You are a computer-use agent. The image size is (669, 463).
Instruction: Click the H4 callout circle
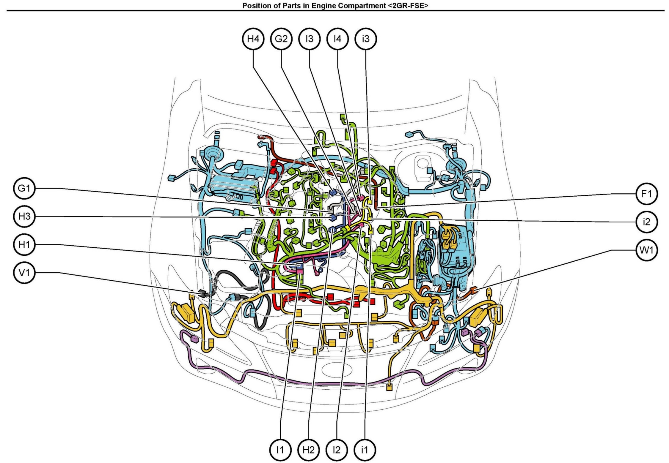253,39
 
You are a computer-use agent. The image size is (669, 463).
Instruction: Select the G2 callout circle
281,39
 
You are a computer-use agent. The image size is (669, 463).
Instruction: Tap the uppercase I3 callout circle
310,39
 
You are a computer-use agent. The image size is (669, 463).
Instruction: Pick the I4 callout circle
337,39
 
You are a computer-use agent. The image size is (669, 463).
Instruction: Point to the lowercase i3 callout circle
366,39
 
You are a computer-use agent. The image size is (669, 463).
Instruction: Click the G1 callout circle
24,188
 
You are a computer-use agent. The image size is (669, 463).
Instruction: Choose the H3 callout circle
24,217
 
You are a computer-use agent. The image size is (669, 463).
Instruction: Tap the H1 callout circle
24,244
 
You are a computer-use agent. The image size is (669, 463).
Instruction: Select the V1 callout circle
24,273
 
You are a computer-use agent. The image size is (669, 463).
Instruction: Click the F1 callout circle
646,194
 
